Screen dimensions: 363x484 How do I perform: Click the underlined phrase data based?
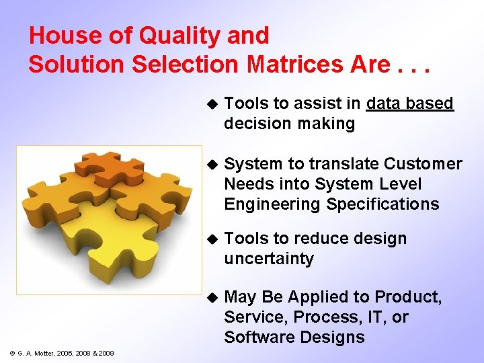point(410,103)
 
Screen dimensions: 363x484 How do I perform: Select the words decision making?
point(289,124)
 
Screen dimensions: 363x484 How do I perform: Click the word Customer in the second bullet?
point(423,164)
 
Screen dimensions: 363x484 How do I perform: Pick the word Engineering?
point(273,204)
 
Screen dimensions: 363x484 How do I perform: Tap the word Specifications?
point(382,204)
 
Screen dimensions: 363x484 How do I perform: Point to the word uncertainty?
point(269,259)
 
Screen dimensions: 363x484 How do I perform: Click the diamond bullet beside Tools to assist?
point(210,104)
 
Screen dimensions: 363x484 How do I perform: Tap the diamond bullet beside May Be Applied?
point(210,297)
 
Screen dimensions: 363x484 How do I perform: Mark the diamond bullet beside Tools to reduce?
point(210,239)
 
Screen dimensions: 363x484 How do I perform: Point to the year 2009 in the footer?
point(105,354)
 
